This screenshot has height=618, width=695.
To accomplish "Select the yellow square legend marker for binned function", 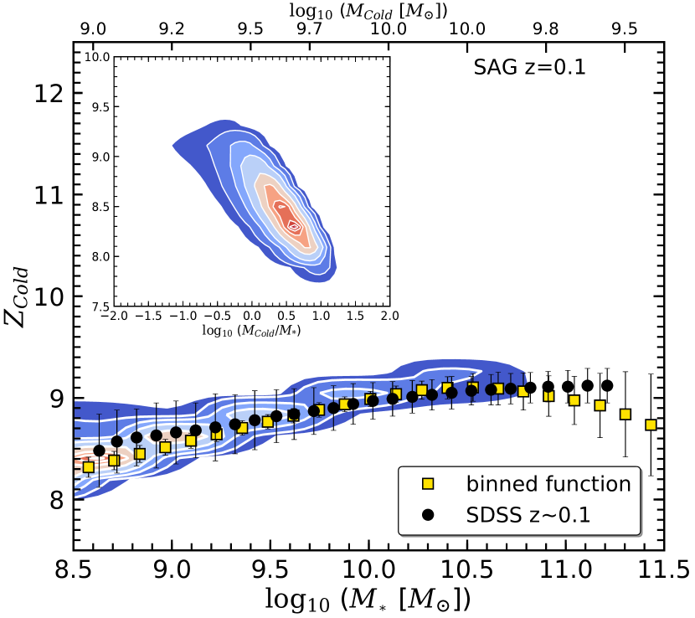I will tap(427, 483).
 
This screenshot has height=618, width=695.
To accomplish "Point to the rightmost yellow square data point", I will tap(651, 425).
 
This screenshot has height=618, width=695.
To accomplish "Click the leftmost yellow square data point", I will tap(88, 466).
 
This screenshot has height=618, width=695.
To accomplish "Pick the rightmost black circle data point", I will tap(607, 386).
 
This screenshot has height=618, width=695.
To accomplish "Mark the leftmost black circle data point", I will tap(99, 451).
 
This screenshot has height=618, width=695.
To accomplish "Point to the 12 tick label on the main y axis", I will tap(45, 94).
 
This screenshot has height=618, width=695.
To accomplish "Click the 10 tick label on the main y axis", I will tap(45, 296).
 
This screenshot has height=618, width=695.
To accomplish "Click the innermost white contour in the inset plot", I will tap(293, 224).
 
